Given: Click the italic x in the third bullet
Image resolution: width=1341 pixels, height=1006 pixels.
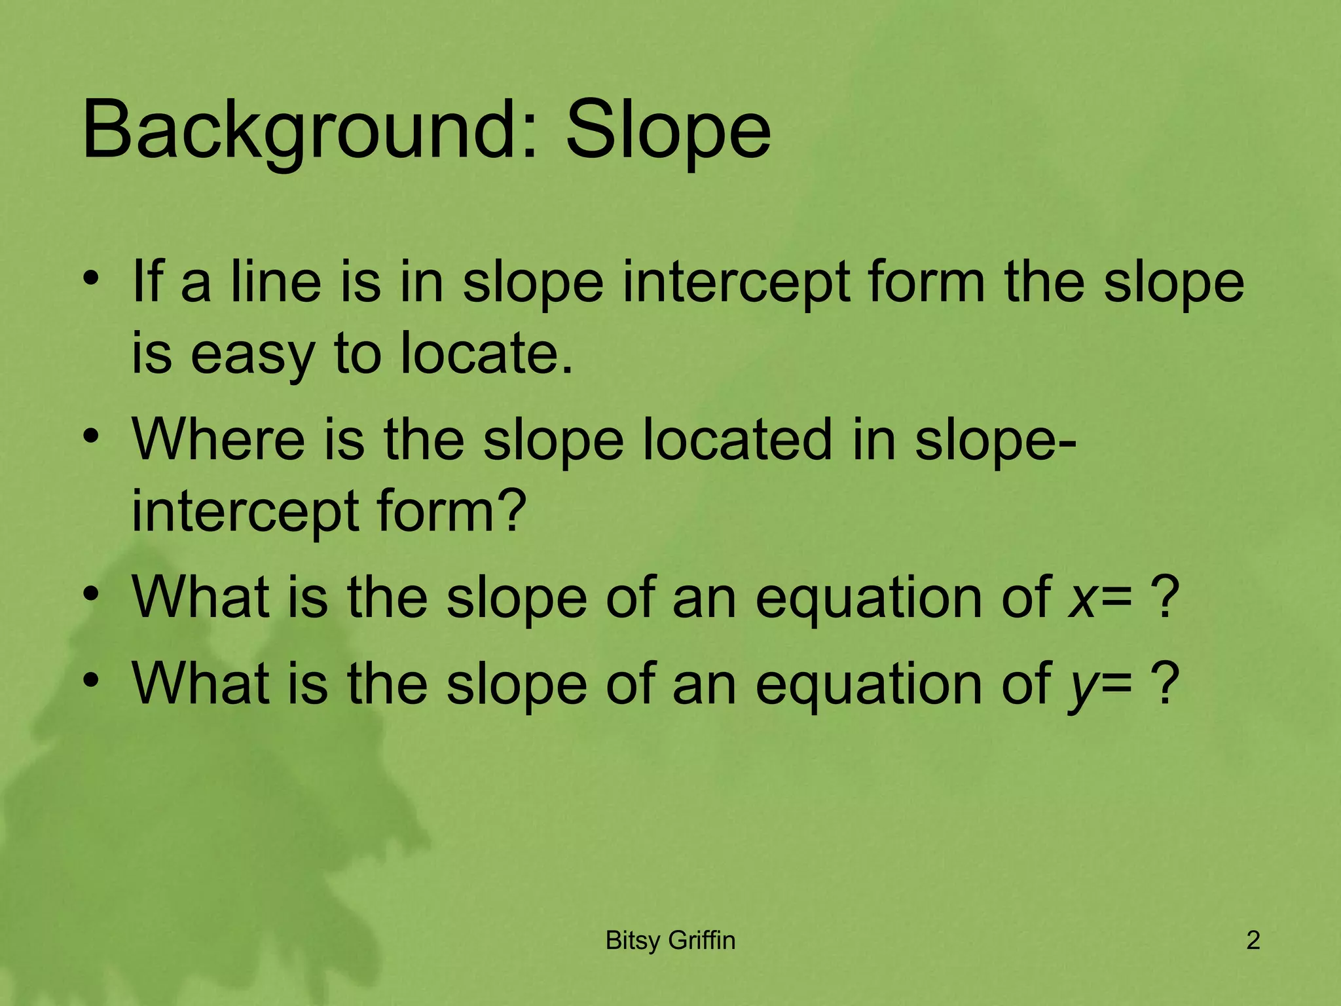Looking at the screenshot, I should pyautogui.click(x=1081, y=597).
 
